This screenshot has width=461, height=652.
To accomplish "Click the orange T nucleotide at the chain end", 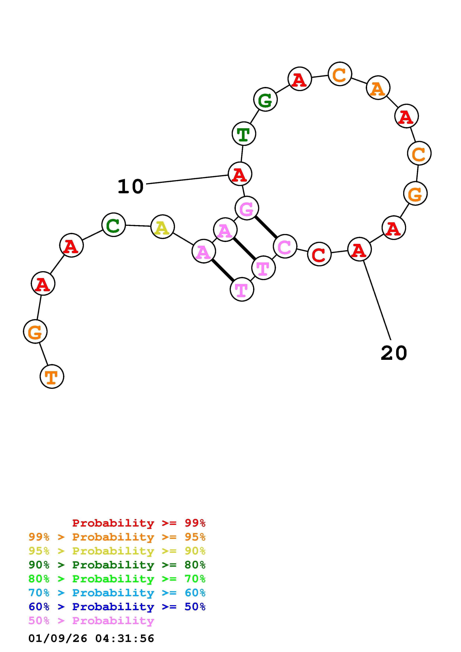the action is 52,377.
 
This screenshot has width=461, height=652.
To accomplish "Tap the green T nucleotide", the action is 244,134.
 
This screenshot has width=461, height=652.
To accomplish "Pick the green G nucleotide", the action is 265,100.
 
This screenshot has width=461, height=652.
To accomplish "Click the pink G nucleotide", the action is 247,208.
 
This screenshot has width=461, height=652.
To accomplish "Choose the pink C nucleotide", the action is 285,246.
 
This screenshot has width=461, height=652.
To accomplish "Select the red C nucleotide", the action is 319,254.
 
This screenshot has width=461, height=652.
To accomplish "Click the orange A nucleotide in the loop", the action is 378,88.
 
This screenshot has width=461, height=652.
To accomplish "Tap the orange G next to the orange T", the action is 35,331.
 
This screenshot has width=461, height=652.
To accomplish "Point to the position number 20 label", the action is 394,353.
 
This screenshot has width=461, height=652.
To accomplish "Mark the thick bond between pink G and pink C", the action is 266,227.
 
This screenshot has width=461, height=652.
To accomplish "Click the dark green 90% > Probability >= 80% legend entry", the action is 117,565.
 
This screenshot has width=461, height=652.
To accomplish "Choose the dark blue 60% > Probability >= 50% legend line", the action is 117,607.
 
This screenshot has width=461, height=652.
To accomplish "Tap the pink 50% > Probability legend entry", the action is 91,621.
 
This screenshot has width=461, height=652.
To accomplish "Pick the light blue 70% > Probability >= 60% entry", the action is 117,593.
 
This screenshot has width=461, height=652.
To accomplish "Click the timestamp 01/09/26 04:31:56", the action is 91,638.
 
